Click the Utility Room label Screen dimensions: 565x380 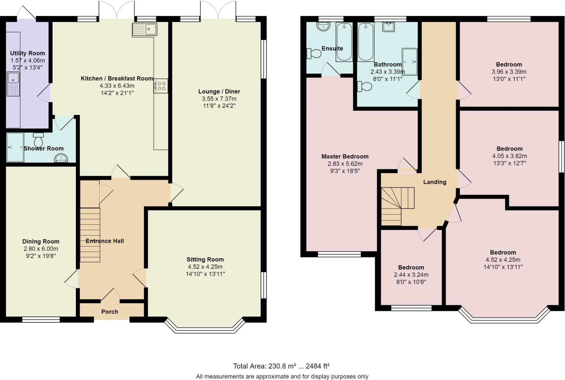pyautogui.click(x=28, y=53)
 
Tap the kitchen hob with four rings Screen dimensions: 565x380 pyautogui.click(x=161, y=86)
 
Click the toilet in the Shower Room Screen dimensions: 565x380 pyautogui.click(x=38, y=140)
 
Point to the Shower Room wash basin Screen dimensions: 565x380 pyautogui.click(x=61, y=158)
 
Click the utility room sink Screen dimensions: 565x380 pyautogui.click(x=13, y=84)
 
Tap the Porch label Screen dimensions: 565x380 pyautogui.click(x=110, y=312)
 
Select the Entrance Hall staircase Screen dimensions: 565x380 pyautogui.click(x=90, y=235)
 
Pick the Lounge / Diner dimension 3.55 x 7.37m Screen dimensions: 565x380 pyautogui.click(x=219, y=99)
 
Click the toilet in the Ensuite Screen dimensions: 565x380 pyautogui.click(x=314, y=53)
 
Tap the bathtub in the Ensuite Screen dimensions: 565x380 pyautogui.click(x=344, y=42)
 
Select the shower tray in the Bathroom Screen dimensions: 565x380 pyautogui.click(x=410, y=62)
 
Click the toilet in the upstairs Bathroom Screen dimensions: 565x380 pyautogui.click(x=364, y=87)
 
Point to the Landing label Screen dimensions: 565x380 pyautogui.click(x=435, y=182)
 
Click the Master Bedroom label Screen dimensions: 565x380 pyautogui.click(x=345, y=156)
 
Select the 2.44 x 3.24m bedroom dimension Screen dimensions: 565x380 pyautogui.click(x=411, y=275)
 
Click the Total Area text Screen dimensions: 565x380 pyautogui.click(x=281, y=366)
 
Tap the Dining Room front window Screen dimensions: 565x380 pyautogui.click(x=41, y=319)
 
